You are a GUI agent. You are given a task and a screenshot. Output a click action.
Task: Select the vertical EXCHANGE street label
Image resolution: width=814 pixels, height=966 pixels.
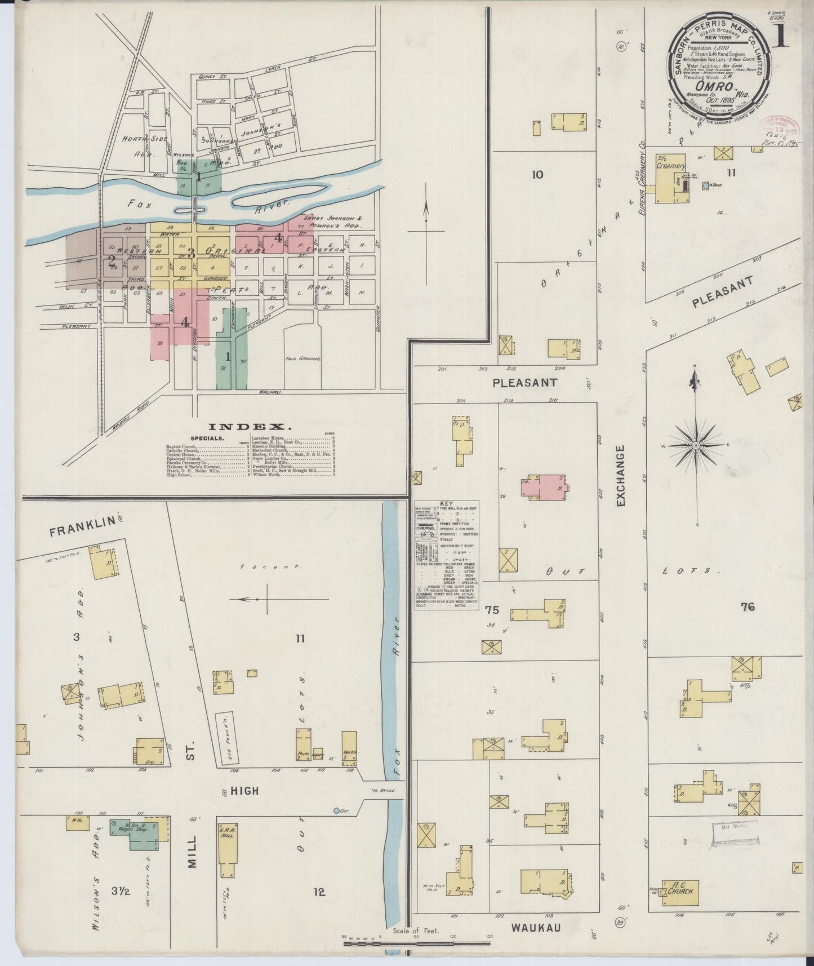[621, 475]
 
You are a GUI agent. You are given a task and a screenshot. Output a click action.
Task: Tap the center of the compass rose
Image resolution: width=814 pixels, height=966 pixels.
[696, 445]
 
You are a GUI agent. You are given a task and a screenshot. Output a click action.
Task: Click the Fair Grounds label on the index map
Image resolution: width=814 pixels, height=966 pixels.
[303, 358]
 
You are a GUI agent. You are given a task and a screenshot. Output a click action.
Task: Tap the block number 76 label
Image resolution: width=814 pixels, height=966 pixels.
[748, 607]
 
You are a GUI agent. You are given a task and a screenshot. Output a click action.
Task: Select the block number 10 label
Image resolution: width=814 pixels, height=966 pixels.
[537, 175]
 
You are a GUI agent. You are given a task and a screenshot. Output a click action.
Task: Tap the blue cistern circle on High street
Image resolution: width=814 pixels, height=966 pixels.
[336, 811]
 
